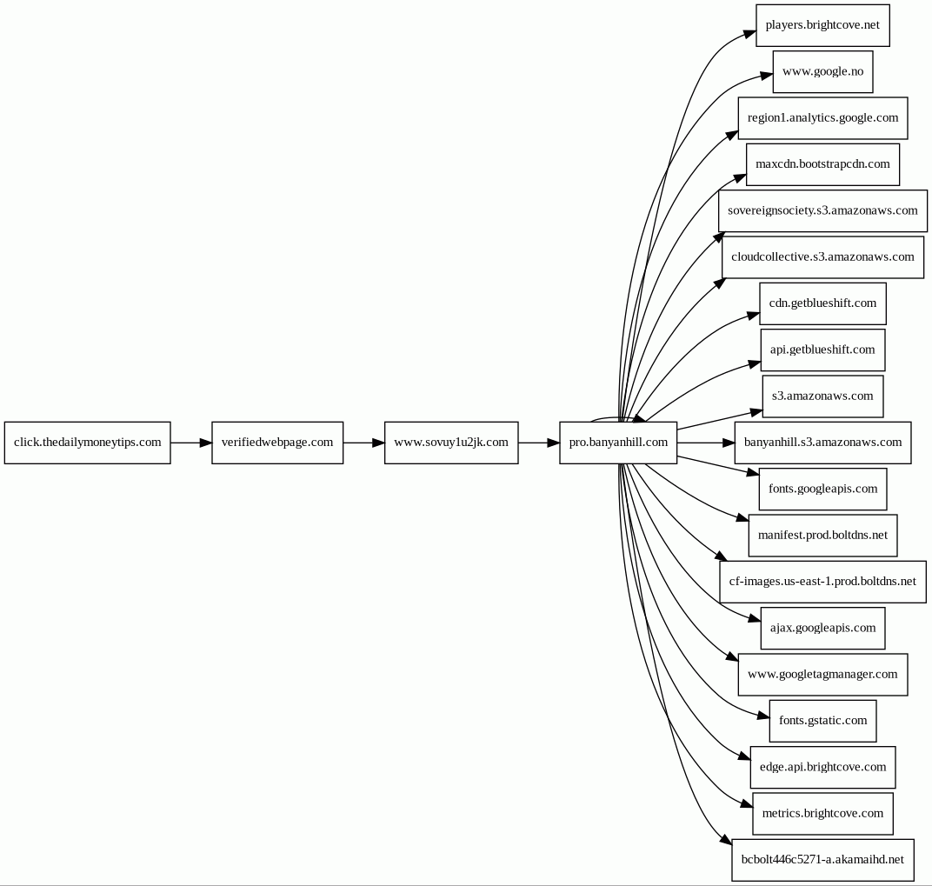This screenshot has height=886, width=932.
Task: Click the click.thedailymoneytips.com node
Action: coord(87,443)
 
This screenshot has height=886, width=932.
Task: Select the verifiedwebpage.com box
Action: coord(277,443)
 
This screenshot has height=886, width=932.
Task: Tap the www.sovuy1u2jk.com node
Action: coord(451,443)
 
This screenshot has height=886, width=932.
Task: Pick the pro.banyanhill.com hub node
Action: coord(618,443)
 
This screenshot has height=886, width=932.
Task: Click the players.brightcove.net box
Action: coord(822,25)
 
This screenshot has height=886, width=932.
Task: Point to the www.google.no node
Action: coord(822,71)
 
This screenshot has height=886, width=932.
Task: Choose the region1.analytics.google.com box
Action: coord(822,117)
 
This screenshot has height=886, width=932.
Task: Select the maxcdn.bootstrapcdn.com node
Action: coord(822,164)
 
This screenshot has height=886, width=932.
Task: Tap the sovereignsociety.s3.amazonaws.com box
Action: coord(822,210)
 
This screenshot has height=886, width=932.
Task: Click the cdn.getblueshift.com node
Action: coord(822,303)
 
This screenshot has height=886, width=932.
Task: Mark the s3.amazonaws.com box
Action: coord(822,396)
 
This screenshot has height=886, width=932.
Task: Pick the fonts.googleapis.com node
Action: coord(822,489)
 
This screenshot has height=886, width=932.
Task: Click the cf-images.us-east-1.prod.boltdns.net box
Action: coord(822,582)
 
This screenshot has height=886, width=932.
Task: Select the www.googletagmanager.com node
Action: coord(822,675)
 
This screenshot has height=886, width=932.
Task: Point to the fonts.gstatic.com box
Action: coord(822,721)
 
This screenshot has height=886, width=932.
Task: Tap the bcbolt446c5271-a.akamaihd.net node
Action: coord(822,860)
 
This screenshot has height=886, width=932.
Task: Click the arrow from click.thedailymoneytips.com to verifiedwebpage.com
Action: coord(191,443)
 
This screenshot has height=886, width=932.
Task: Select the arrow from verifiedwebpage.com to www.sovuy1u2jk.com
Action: coord(363,443)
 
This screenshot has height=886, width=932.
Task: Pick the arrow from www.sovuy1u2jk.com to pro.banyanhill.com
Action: coord(538,443)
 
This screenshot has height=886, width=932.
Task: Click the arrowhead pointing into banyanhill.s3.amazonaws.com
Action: coord(729,443)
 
